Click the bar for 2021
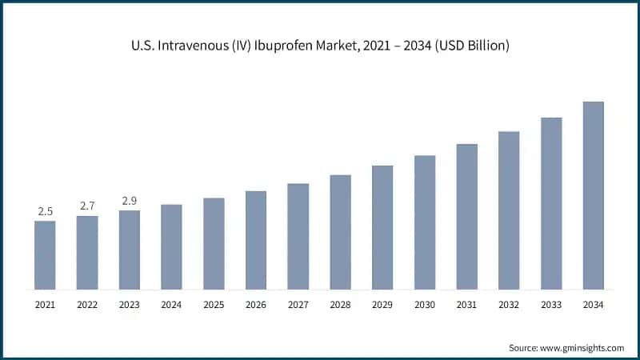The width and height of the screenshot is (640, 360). click(45, 254)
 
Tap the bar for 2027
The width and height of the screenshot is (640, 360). click(298, 236)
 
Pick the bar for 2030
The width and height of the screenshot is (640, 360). click(425, 222)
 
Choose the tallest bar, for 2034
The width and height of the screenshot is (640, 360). click(593, 195)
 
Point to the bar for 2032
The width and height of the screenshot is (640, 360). click(509, 210)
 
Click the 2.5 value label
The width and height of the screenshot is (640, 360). click(45, 211)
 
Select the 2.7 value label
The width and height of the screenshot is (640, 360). click(87, 206)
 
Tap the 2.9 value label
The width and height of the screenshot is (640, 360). click(130, 201)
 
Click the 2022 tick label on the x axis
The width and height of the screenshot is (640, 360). click(87, 305)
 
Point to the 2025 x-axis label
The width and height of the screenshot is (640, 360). click(214, 305)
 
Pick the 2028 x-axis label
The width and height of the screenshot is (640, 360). click(340, 305)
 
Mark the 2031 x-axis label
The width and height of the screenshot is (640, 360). click(466, 305)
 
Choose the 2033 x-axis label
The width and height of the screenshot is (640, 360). click(551, 305)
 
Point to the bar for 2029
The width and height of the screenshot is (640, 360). click(382, 227)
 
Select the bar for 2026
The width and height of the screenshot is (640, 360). click(256, 240)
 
